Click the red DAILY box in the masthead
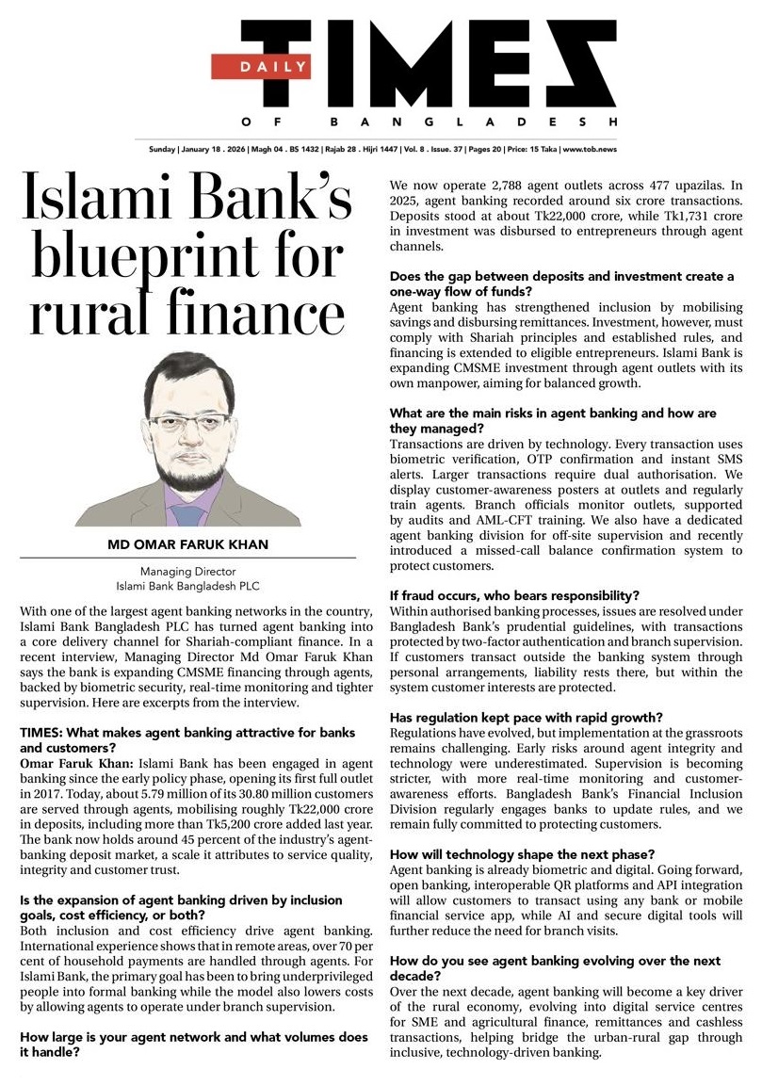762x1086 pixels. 259,66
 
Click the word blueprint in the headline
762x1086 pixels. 165,256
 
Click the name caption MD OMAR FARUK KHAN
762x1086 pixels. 187,545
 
